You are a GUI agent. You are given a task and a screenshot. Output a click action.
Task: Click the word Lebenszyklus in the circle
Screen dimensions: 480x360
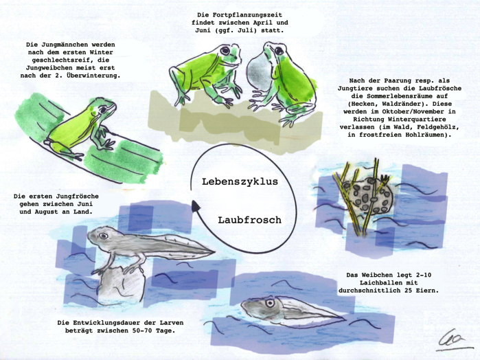click(240, 181)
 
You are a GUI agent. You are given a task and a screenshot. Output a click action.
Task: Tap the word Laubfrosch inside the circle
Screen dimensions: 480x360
click(249, 220)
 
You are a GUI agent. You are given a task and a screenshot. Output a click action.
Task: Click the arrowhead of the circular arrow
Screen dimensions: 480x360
click(195, 205)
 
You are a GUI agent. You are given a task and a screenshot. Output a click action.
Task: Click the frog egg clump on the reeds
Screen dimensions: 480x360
click(367, 195)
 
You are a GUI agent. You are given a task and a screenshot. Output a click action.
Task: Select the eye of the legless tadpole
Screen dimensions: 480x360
click(270, 303)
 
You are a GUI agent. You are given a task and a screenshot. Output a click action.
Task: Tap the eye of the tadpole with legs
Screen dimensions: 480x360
click(103, 236)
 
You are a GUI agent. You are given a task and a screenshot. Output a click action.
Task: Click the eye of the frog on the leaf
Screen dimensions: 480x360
click(104, 109)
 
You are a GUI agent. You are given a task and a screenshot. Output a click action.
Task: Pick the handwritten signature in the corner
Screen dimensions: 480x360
click(455, 340)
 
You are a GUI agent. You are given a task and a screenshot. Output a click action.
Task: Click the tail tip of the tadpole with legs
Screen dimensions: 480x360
click(214, 252)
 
